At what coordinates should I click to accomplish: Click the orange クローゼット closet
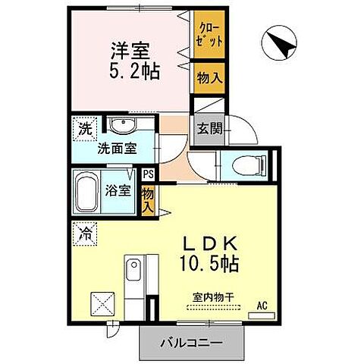point(209,36)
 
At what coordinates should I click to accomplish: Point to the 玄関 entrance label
point(210,128)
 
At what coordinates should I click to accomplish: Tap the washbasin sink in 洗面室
point(121,124)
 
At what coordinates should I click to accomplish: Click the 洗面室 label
point(116,148)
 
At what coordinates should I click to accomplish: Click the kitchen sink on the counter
point(133,268)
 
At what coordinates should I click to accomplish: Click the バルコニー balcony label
point(191,344)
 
